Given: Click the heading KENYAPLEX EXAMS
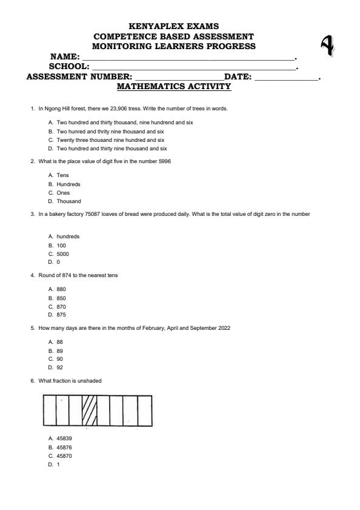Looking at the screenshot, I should tap(174, 26).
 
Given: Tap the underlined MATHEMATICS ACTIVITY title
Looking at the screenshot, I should tap(174, 87).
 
